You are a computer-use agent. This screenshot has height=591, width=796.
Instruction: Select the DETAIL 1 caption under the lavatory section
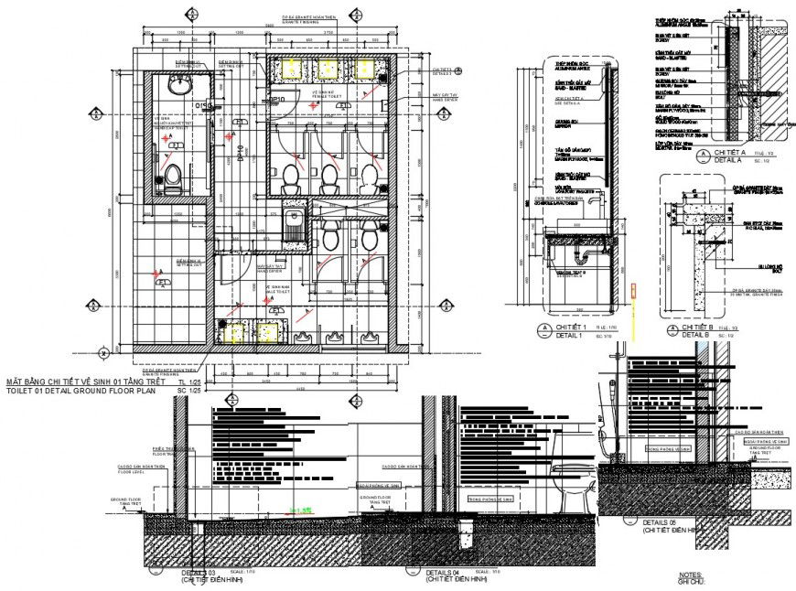click(x=567, y=335)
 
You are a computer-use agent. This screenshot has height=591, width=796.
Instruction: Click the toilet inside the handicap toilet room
click(x=171, y=178)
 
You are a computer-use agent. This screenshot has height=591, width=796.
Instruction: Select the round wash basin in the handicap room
click(x=179, y=88)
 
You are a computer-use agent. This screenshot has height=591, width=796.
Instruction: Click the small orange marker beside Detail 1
click(x=631, y=293)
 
